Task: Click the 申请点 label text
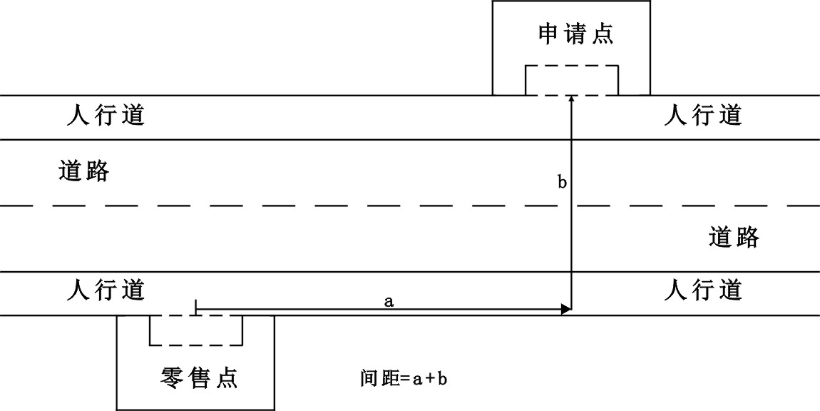pyautogui.click(x=575, y=34)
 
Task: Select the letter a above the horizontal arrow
pyautogui.click(x=389, y=302)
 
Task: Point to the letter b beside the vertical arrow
pyautogui.click(x=561, y=183)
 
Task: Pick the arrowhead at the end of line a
pyautogui.click(x=566, y=309)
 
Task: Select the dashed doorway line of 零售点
pyautogui.click(x=196, y=315)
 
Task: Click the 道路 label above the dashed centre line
pyautogui.click(x=84, y=171)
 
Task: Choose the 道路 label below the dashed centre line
pyautogui.click(x=734, y=236)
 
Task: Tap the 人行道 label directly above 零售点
pyautogui.click(x=106, y=290)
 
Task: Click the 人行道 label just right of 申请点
pyautogui.click(x=703, y=114)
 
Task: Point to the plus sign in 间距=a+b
pyautogui.click(x=429, y=377)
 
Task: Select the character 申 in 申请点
pyautogui.click(x=548, y=34)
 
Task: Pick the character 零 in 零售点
pyautogui.click(x=171, y=377)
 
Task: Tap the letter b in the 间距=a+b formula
pyautogui.click(x=442, y=377)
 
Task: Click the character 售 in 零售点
pyautogui.click(x=198, y=377)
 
